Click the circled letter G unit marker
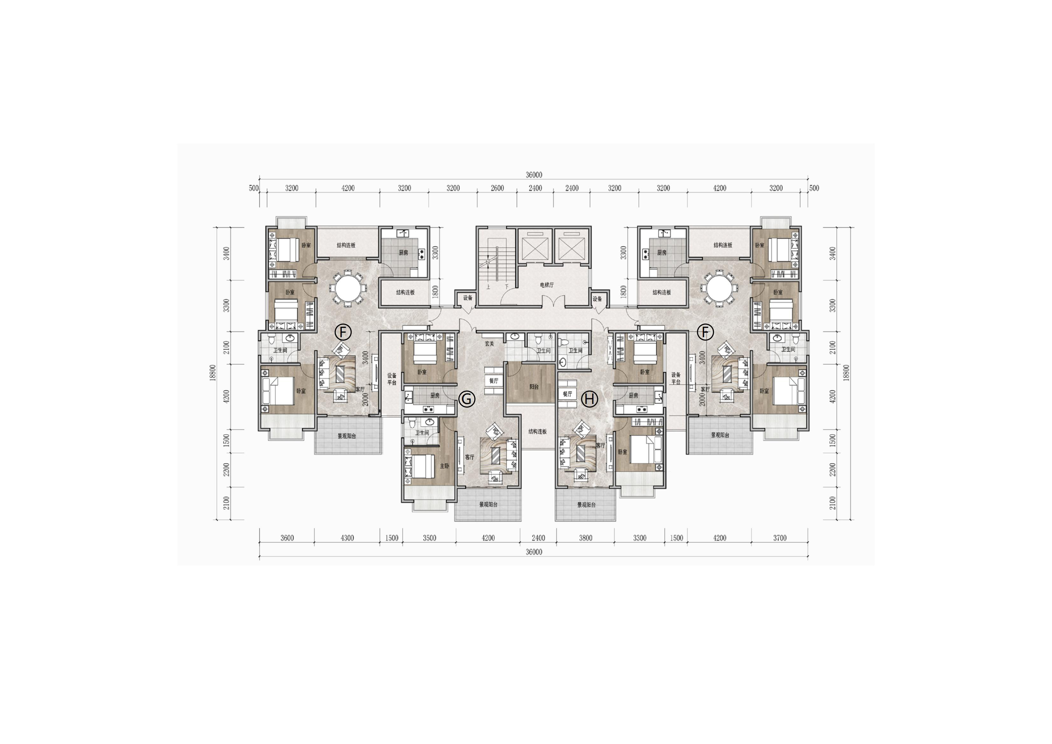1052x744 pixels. click(x=466, y=399)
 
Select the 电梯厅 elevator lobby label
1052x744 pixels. click(x=547, y=285)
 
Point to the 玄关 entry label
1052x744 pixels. click(x=489, y=344)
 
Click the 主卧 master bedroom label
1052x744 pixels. click(x=444, y=466)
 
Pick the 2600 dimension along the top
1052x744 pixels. click(x=497, y=188)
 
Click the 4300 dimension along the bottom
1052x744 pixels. click(x=347, y=538)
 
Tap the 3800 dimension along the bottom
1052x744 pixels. click(x=586, y=538)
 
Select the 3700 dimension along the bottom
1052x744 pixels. click(x=779, y=538)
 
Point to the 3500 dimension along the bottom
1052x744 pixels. click(x=429, y=538)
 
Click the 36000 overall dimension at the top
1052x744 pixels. click(x=534, y=175)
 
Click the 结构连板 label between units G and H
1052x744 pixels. click(x=538, y=432)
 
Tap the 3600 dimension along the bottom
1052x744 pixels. click(x=287, y=538)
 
